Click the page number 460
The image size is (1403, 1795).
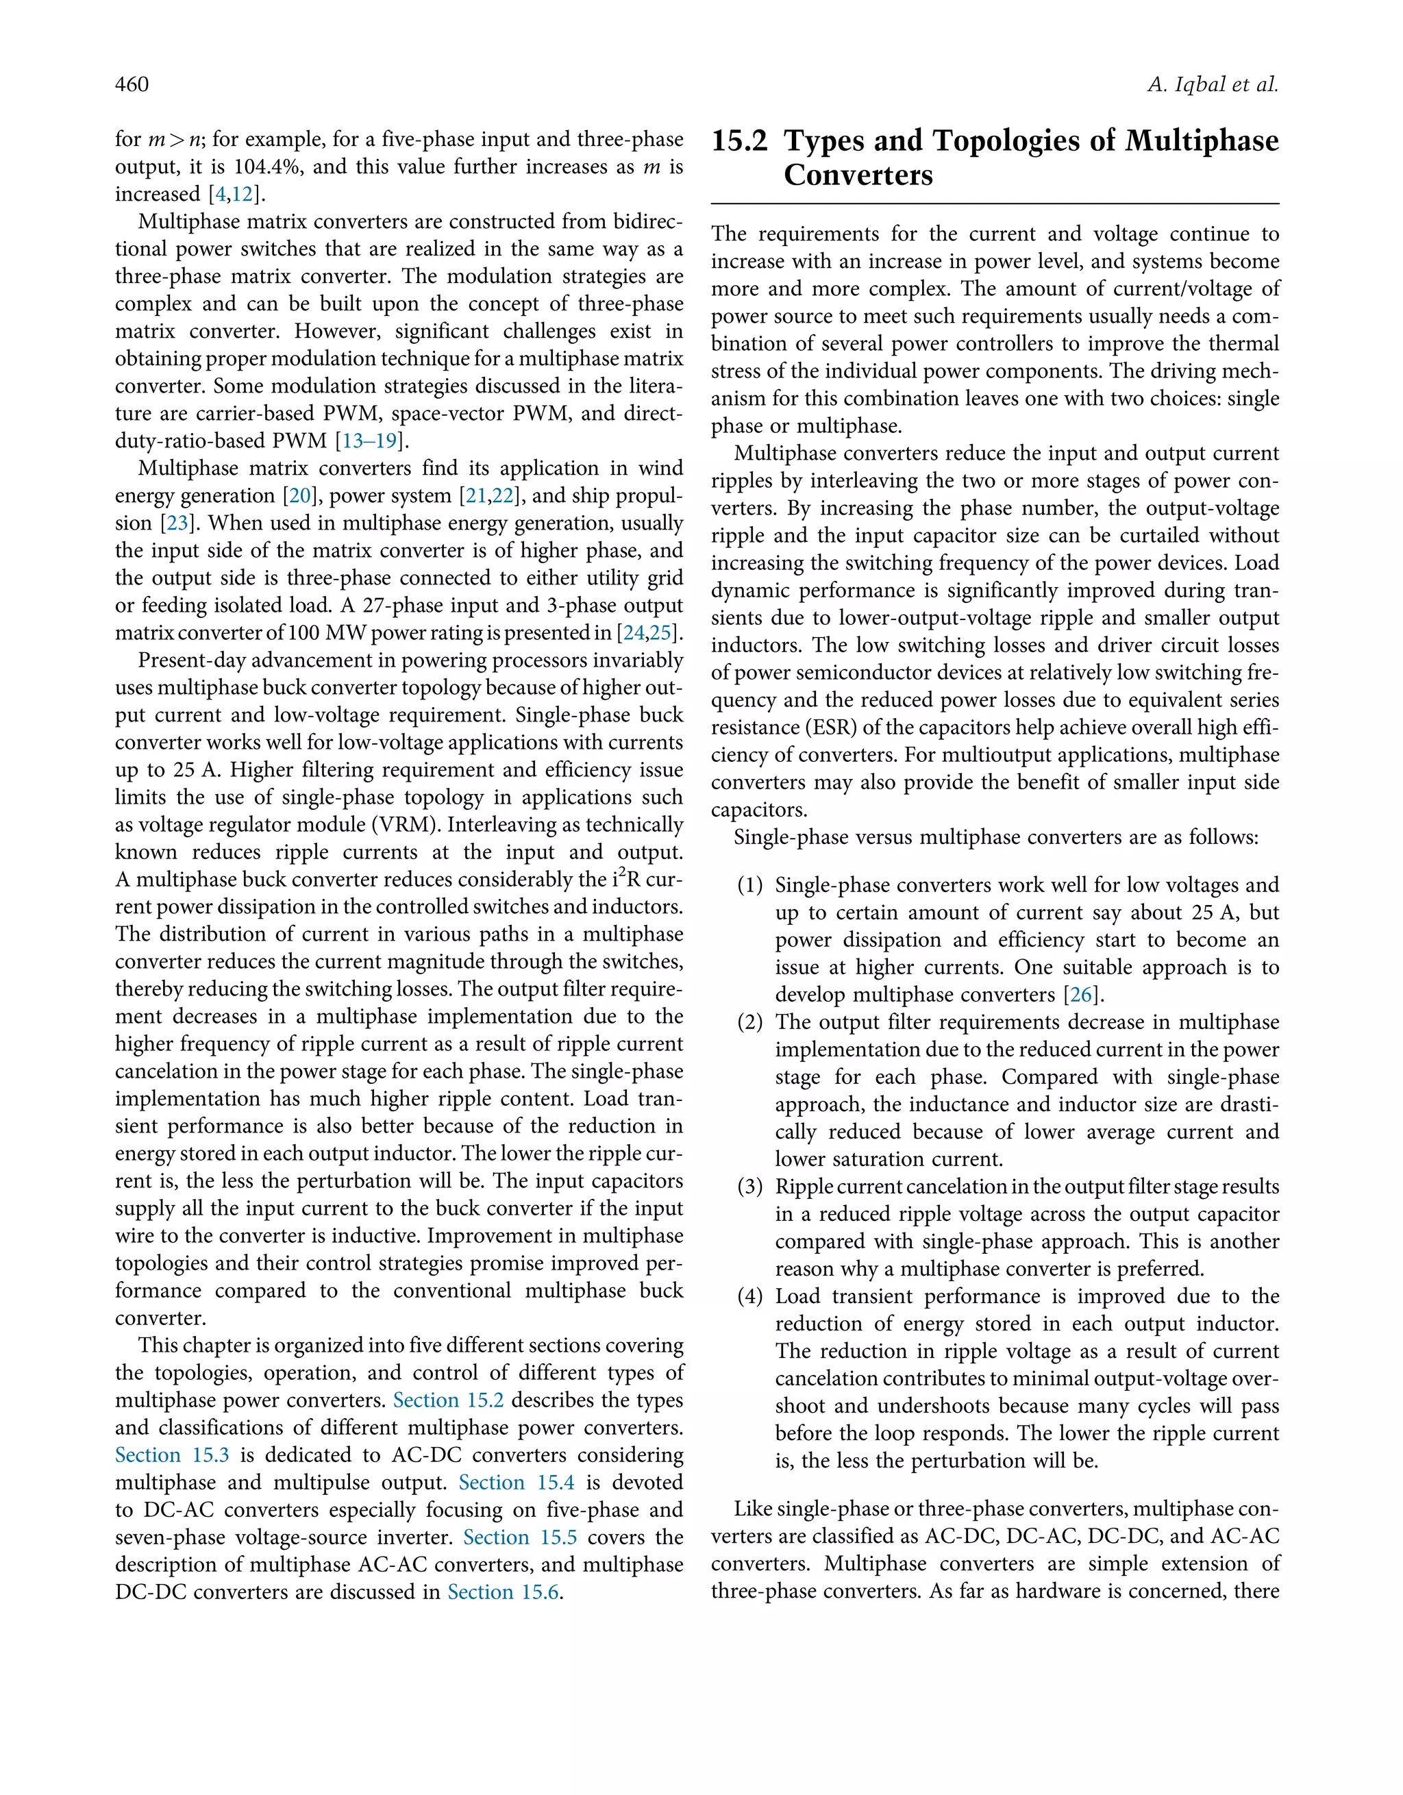point(132,85)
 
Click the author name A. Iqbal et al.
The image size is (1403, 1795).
point(1213,85)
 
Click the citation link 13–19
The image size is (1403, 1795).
point(369,441)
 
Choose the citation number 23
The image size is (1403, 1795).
point(176,523)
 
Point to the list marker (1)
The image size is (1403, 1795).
point(749,885)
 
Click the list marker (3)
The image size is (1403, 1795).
point(749,1187)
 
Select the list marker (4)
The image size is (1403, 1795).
point(749,1296)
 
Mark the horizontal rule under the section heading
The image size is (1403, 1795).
point(995,203)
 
